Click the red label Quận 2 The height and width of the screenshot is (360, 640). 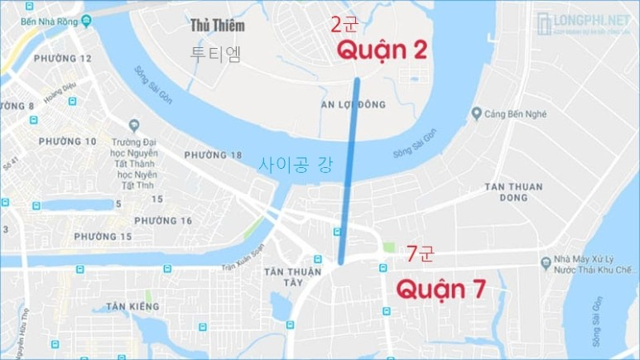tap(382, 51)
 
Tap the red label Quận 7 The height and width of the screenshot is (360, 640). tap(440, 289)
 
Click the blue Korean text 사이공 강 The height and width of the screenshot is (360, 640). tap(296, 164)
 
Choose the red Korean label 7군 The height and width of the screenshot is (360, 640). tap(418, 253)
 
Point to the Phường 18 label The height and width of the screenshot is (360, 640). tap(213, 155)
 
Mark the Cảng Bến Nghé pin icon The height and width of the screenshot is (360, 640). tap(476, 114)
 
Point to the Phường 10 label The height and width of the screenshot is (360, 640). tap(67, 142)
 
